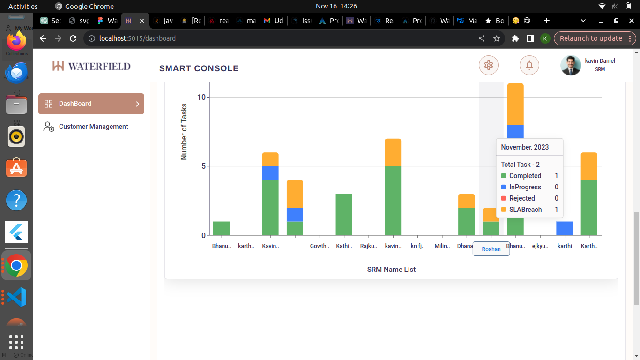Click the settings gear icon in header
(489, 65)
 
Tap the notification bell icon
(529, 65)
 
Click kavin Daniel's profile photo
(571, 66)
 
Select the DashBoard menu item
(91, 104)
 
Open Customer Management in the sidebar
(93, 127)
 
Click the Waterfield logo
(91, 66)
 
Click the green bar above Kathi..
(344, 214)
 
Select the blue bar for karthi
(565, 228)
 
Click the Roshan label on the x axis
(491, 249)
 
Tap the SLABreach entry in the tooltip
(525, 210)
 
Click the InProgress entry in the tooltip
(525, 187)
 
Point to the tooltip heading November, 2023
(525, 147)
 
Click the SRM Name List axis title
(391, 270)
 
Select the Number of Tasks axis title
(184, 132)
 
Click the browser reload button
(73, 38)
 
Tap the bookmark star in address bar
(497, 38)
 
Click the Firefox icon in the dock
(16, 41)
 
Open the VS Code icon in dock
(16, 297)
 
